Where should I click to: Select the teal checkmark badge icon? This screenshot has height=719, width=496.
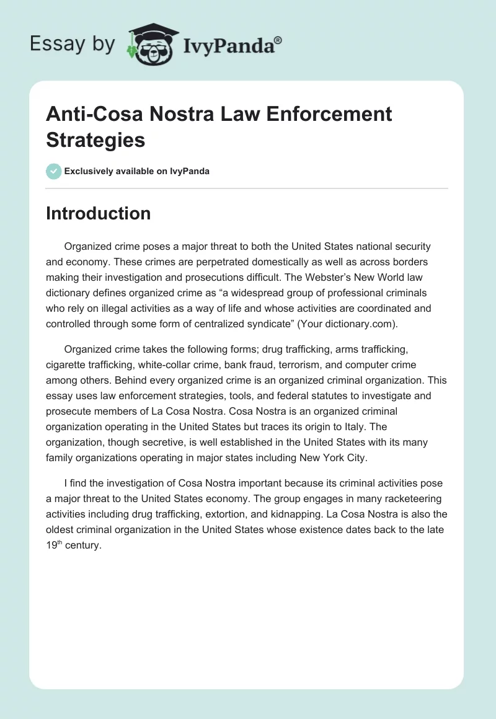(x=54, y=171)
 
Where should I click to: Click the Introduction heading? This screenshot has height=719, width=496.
(x=98, y=213)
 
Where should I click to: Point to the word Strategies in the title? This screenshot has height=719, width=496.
(x=95, y=139)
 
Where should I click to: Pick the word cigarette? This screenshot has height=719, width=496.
(x=66, y=366)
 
